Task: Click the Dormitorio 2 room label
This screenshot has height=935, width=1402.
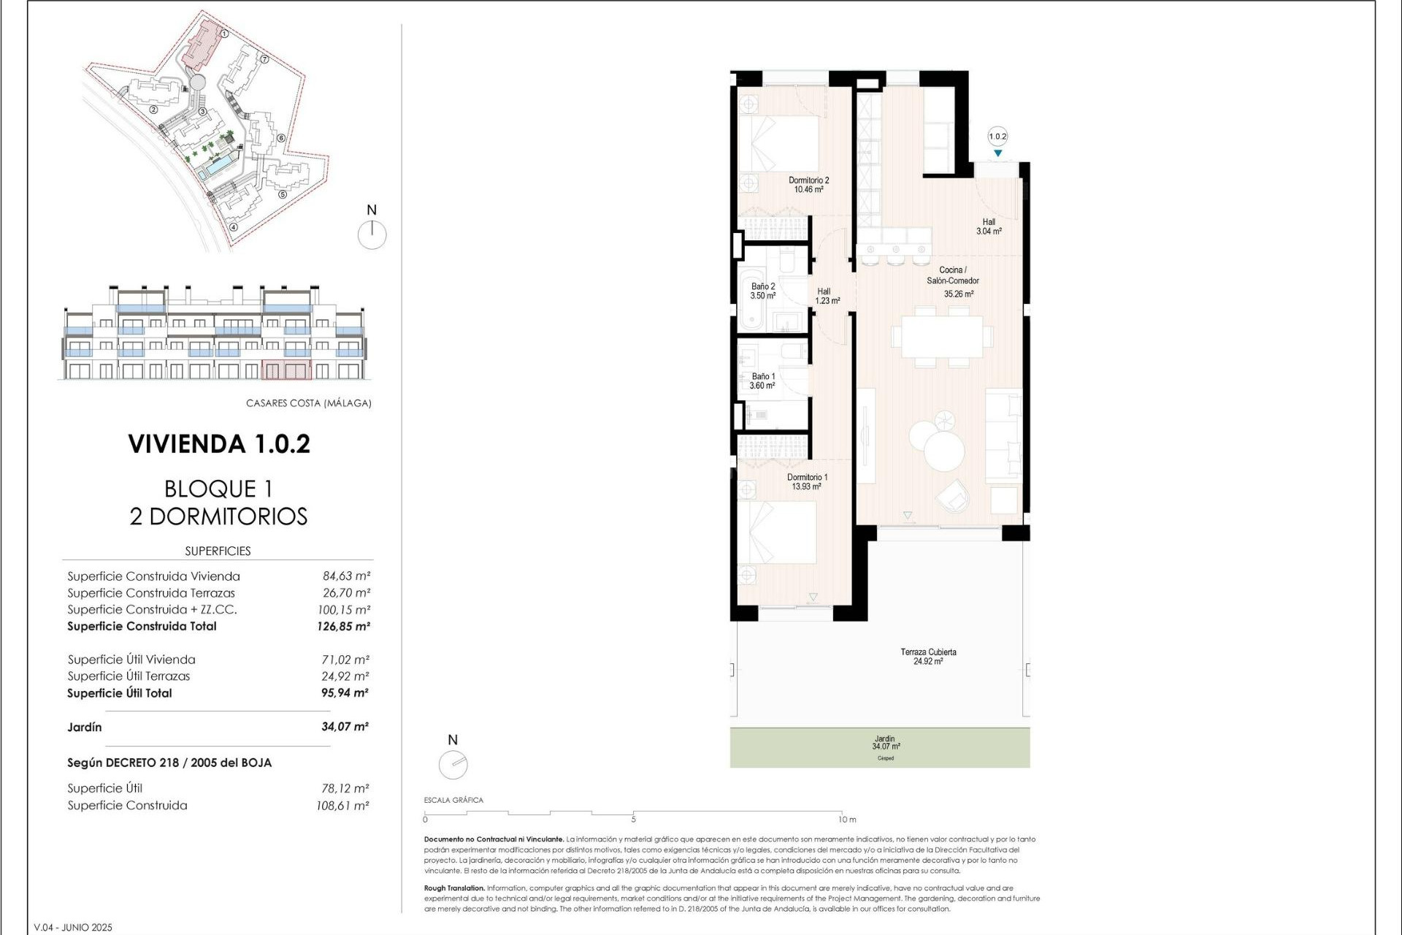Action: click(x=808, y=185)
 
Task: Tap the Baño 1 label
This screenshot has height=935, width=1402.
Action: click(x=762, y=381)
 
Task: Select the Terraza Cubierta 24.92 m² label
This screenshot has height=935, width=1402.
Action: click(x=927, y=656)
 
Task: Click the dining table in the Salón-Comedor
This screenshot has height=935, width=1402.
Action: click(x=941, y=336)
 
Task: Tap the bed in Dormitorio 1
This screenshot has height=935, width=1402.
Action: click(x=777, y=532)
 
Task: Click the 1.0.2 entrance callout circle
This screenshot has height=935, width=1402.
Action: click(x=997, y=137)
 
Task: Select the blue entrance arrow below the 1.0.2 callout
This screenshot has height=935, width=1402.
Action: click(x=997, y=153)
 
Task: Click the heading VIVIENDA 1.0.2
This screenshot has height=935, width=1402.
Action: click(x=219, y=444)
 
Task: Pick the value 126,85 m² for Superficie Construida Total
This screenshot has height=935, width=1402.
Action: click(x=343, y=626)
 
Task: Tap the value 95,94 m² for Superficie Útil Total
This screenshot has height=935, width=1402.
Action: click(x=345, y=692)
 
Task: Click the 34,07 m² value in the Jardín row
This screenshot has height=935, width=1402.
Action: click(x=345, y=726)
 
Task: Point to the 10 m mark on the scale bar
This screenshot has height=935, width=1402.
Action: click(x=846, y=819)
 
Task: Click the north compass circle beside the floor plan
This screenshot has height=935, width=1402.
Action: click(x=453, y=764)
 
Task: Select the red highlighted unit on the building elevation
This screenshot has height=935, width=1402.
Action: click(x=286, y=370)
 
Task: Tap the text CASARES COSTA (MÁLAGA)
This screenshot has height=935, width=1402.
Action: click(x=308, y=402)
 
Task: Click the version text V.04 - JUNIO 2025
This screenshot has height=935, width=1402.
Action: click(x=73, y=927)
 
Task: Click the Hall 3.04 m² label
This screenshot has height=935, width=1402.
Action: click(x=989, y=226)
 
